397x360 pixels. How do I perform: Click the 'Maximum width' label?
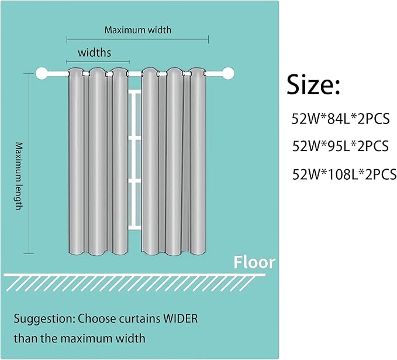(138, 29)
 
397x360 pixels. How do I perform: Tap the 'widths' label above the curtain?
(95, 52)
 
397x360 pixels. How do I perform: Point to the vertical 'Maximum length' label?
(19, 176)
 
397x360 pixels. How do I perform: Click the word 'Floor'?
(254, 262)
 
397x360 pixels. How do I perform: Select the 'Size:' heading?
(313, 86)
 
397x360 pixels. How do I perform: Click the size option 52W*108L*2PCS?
(344, 173)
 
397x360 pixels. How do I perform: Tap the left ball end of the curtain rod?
(42, 74)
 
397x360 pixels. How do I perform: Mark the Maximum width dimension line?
(138, 40)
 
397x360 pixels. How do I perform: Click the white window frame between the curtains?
(135, 158)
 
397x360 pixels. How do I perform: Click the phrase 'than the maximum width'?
(80, 338)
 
